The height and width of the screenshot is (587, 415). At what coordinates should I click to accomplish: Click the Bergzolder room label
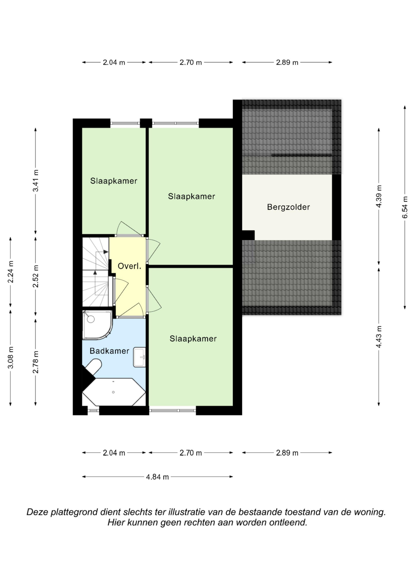pos(288,207)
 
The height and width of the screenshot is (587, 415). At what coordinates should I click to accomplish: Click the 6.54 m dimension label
pos(405,207)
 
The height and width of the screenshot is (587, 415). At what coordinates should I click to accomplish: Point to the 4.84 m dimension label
pos(157,477)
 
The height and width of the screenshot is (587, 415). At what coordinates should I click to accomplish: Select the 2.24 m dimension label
pos(11,272)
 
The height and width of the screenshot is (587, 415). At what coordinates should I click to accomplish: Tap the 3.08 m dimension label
pos(11,358)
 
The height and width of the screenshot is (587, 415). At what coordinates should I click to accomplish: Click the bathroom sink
pos(139,357)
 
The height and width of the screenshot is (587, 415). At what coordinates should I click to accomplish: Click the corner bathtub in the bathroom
pos(114,392)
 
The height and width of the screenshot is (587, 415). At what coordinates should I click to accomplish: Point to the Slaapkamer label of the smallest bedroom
pos(114,181)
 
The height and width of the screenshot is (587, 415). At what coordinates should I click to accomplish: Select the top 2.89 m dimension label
pos(287,62)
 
